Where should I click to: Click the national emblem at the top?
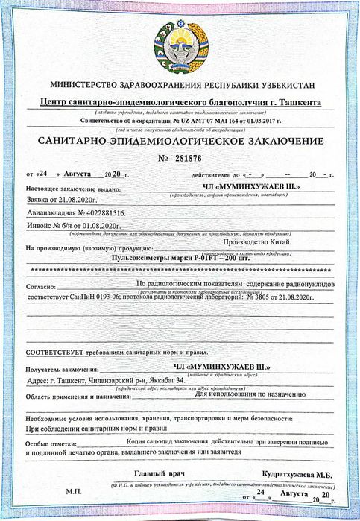(x=180, y=40)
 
